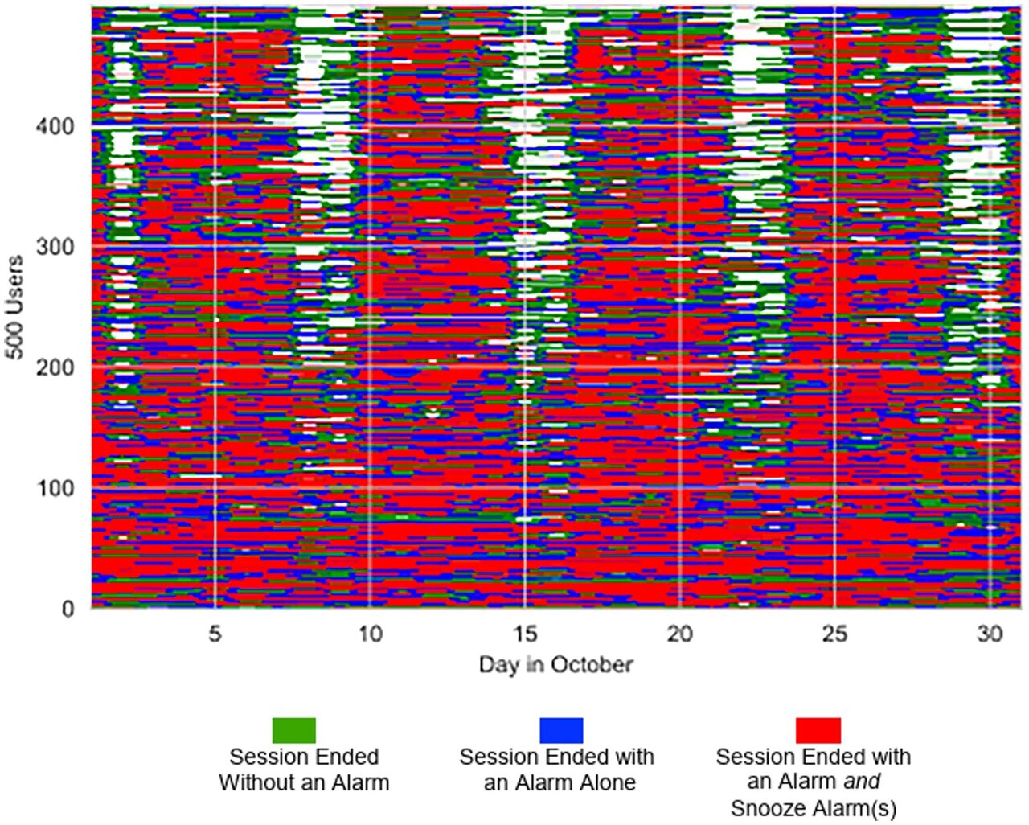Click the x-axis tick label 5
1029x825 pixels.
pyautogui.click(x=215, y=634)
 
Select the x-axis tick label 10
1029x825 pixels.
pyautogui.click(x=370, y=634)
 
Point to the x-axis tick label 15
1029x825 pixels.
pyautogui.click(x=525, y=634)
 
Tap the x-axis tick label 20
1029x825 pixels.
pyautogui.click(x=680, y=634)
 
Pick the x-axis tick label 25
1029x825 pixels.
pyautogui.click(x=835, y=634)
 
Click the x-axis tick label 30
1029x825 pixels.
pyautogui.click(x=990, y=634)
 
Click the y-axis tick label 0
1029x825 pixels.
pyautogui.click(x=68, y=609)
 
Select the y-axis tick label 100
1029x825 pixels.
pyautogui.click(x=55, y=488)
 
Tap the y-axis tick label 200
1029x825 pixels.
pyautogui.click(x=55, y=367)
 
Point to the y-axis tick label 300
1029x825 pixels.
pyautogui.click(x=55, y=247)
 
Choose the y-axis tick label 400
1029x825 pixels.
pyautogui.click(x=55, y=126)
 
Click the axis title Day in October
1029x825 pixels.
pyautogui.click(x=555, y=665)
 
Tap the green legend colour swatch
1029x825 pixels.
pyautogui.click(x=294, y=730)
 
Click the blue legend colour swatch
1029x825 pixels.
pyautogui.click(x=561, y=730)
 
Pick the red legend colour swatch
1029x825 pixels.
pyautogui.click(x=818, y=730)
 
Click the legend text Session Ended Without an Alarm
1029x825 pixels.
pyautogui.click(x=304, y=770)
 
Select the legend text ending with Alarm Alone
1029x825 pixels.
pyautogui.click(x=557, y=770)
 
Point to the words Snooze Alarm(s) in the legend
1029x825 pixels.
pyautogui.click(x=813, y=807)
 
